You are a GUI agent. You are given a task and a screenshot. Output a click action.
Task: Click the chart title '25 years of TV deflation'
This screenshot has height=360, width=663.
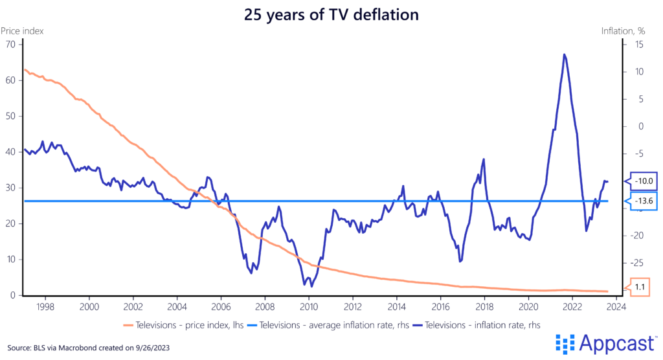pos(331,15)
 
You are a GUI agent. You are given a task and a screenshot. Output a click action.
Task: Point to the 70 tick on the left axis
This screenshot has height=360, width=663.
pos(10,45)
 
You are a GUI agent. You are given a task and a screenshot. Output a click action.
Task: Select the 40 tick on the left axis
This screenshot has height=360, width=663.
pos(10,152)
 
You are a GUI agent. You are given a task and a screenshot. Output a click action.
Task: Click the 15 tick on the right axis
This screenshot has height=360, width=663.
pos(638,45)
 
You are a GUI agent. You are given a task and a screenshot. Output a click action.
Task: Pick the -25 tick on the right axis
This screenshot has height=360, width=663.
pos(638,262)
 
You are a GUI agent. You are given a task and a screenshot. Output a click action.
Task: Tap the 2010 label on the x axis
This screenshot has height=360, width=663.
pos(309,306)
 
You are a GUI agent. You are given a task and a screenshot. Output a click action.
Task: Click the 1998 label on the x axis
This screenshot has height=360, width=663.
pos(45,306)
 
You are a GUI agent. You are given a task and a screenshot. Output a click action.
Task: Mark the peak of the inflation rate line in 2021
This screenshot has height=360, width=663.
pos(565,54)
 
